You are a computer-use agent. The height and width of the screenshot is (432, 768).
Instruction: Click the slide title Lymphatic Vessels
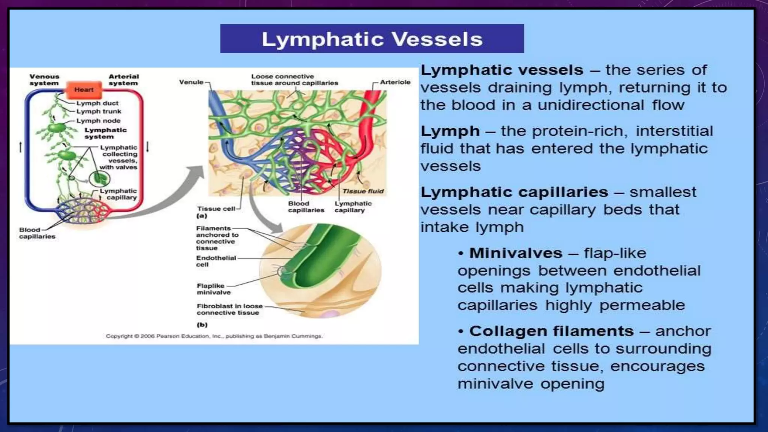372,39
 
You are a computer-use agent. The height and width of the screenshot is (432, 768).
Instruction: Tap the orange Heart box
84,90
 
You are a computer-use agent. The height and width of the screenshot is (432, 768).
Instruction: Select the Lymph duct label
97,103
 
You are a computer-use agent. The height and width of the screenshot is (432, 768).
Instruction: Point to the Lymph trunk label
99,111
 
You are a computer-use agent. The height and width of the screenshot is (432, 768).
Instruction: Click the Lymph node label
98,121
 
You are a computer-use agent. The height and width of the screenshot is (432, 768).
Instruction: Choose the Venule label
191,82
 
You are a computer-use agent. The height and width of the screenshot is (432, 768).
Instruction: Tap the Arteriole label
395,82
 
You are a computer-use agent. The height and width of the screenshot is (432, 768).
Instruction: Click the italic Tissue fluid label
363,191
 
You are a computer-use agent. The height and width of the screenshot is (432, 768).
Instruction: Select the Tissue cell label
216,209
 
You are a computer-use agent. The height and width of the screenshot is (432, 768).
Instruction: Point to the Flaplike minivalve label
213,289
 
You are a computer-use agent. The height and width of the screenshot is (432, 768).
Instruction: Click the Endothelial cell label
216,261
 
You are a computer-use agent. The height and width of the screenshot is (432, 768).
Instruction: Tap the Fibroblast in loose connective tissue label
229,309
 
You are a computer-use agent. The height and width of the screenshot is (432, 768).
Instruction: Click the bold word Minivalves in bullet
516,253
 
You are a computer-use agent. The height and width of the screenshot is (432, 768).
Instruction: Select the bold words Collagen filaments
551,331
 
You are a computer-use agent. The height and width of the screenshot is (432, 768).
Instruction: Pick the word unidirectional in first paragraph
591,105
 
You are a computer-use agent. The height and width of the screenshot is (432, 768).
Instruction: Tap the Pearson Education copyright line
214,336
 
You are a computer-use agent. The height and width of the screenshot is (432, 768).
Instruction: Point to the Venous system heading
44,80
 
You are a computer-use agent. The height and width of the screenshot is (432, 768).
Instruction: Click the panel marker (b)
202,325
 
